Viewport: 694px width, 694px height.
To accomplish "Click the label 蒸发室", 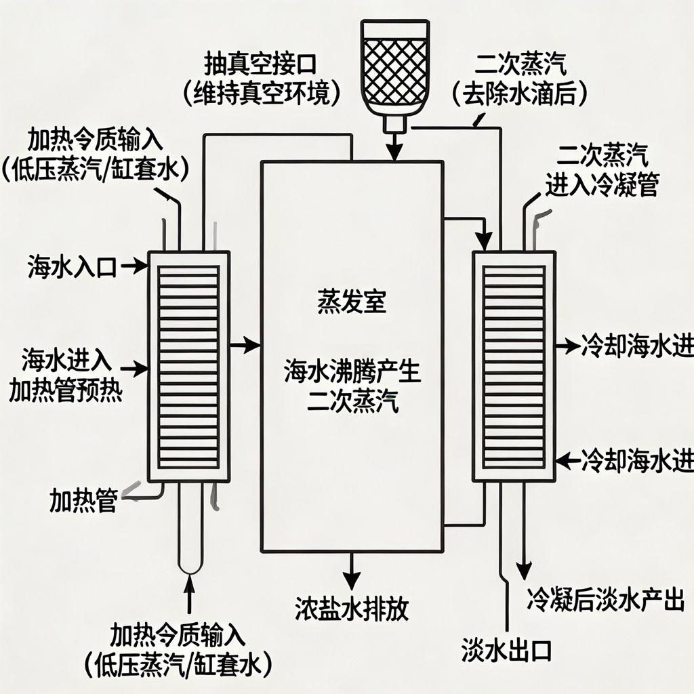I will point(352,302).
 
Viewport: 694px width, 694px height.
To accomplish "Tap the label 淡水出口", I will point(507,650).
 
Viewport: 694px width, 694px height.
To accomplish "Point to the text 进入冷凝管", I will point(601,184).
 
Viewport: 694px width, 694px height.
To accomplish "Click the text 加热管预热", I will point(66,392).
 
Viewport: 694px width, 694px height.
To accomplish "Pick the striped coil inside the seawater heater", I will point(188,367).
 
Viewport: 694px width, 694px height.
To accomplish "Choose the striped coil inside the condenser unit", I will point(514,367).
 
